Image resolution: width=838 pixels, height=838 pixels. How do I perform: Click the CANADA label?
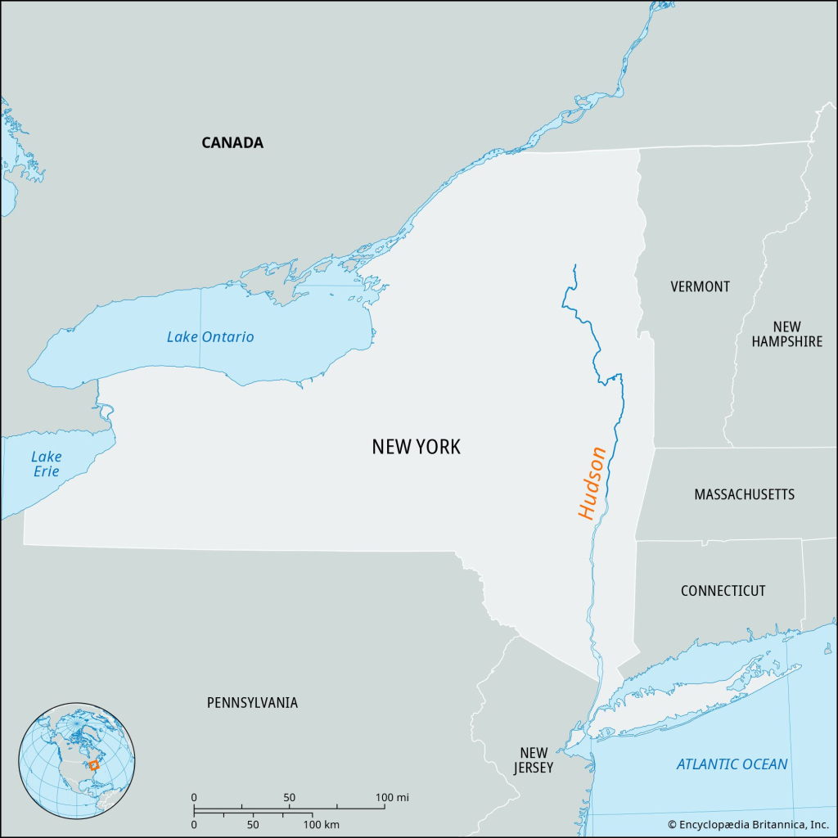[232, 142]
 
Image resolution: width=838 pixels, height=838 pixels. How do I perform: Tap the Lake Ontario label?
[210, 336]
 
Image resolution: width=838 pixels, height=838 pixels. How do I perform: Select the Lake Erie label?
[47, 464]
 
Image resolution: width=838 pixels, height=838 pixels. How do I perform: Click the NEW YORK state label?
[416, 447]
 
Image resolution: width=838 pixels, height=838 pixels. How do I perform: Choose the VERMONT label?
[700, 286]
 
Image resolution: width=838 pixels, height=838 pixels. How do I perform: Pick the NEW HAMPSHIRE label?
[786, 334]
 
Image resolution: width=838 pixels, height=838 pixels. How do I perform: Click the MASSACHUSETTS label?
[744, 494]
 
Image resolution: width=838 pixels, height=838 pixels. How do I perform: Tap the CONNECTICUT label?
[723, 590]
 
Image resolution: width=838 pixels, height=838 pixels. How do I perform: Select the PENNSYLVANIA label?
[252, 702]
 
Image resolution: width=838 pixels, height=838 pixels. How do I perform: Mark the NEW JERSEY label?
[534, 760]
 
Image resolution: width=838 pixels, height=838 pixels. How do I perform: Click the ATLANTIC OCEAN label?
[732, 764]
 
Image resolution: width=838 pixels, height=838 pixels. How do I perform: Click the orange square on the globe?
[94, 765]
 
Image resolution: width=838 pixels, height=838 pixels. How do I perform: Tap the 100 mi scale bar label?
[393, 797]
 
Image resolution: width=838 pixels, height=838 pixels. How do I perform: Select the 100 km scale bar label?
[322, 824]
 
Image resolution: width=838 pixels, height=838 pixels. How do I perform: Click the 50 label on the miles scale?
[289, 797]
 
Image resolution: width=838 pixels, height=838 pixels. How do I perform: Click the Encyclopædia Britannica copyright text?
[748, 825]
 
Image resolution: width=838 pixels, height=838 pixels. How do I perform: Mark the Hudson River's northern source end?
[574, 265]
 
